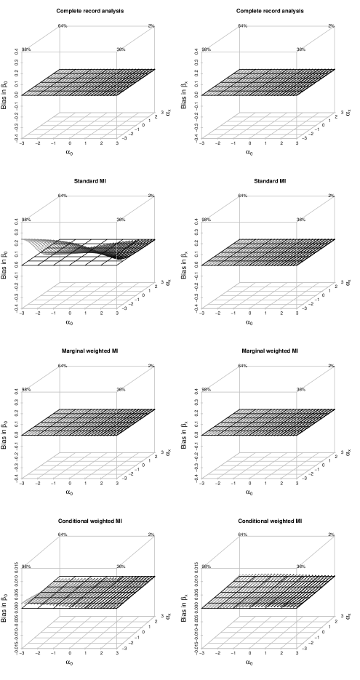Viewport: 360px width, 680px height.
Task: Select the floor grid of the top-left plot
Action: click(87, 125)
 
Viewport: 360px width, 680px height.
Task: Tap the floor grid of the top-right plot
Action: click(267, 125)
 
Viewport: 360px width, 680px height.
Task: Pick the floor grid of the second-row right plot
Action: click(267, 295)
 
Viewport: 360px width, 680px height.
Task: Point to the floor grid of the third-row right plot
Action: click(267, 465)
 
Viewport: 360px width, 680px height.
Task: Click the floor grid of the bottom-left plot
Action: click(87, 636)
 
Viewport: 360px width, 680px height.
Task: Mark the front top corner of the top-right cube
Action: click(297, 51)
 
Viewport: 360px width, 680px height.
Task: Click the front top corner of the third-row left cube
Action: click(117, 391)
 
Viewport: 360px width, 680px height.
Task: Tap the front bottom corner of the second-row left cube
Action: click(117, 308)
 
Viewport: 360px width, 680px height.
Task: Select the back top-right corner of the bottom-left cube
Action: click(154, 536)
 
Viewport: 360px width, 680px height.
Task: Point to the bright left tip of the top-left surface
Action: click(25, 94)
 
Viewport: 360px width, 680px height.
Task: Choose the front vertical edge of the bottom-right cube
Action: click(297, 604)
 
